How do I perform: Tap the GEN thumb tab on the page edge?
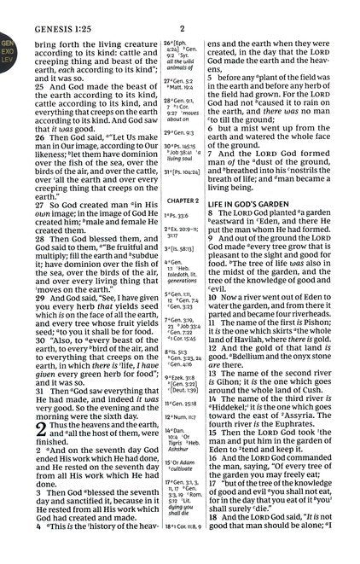(x=6, y=39)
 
